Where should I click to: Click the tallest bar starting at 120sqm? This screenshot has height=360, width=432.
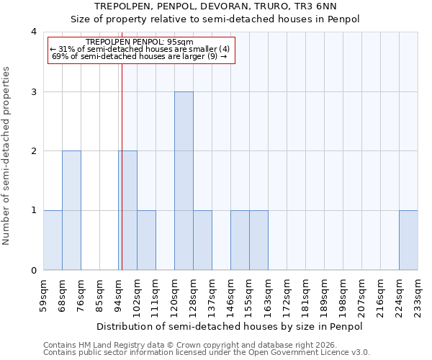pyautogui.click(x=184, y=181)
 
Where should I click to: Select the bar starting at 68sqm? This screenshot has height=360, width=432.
pyautogui.click(x=71, y=210)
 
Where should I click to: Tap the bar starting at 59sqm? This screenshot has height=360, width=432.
pyautogui.click(x=53, y=240)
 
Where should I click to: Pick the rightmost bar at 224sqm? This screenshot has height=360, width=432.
pyautogui.click(x=408, y=240)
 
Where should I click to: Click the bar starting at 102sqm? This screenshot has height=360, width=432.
pyautogui.click(x=146, y=240)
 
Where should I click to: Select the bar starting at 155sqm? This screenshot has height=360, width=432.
pyautogui.click(x=258, y=240)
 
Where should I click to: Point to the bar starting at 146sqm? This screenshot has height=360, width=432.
pyautogui.click(x=240, y=240)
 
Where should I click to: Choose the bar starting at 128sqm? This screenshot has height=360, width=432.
pyautogui.click(x=202, y=240)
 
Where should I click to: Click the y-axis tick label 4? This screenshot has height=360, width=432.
pyautogui.click(x=33, y=32)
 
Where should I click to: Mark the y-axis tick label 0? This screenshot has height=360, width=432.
pyautogui.click(x=33, y=271)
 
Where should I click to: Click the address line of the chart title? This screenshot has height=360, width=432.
pyautogui.click(x=215, y=6)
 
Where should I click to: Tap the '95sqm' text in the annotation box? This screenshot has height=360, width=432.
pyautogui.click(x=179, y=42)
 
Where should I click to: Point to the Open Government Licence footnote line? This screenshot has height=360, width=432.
pyautogui.click(x=207, y=353)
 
